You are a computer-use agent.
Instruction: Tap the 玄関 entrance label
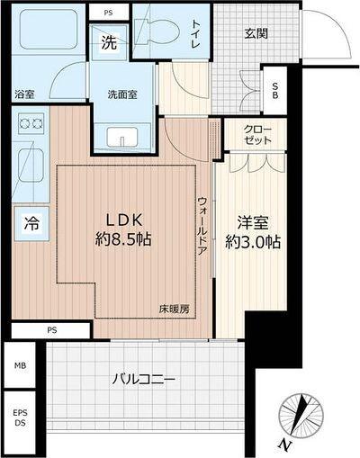click(x=256, y=34)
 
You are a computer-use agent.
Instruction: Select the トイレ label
click(x=195, y=36)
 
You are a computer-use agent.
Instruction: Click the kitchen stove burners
click(x=31, y=122)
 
